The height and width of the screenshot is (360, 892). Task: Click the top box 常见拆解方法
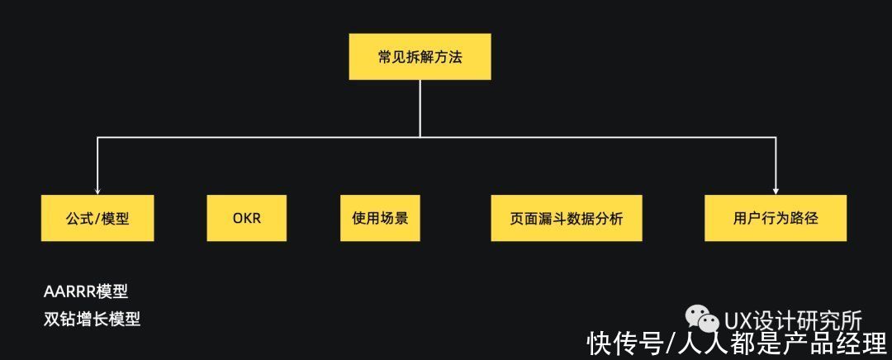point(420,56)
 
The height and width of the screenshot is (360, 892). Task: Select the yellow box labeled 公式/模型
point(97,218)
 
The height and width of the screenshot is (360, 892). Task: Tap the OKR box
point(246,218)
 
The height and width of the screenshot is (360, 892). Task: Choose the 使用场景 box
point(380,218)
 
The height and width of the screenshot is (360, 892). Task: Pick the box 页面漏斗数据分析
point(567,218)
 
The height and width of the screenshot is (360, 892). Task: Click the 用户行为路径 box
point(776,218)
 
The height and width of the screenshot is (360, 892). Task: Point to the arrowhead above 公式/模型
point(97,192)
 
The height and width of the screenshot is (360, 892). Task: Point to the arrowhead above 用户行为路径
point(776,192)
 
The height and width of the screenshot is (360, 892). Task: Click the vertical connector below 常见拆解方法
point(420,108)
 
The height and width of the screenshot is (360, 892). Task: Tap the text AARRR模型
point(86,292)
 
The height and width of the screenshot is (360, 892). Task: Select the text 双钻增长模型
point(92,320)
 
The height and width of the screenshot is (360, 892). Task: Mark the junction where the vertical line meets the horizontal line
point(420,137)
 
